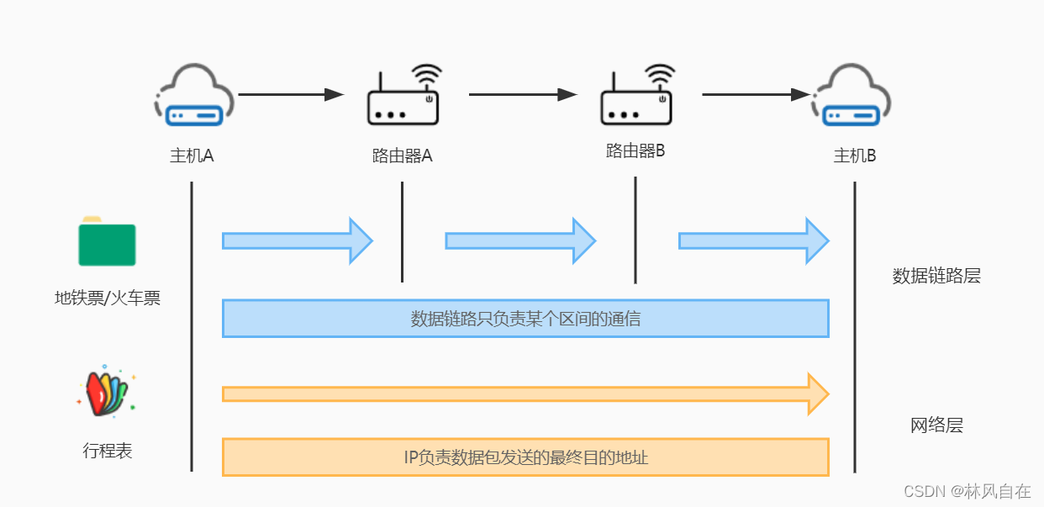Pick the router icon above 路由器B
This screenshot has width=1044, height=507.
click(637, 97)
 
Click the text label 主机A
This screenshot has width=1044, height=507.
click(192, 156)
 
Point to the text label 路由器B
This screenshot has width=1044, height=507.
click(635, 151)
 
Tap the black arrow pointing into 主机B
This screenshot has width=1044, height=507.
click(757, 95)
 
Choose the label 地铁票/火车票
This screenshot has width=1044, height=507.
click(107, 298)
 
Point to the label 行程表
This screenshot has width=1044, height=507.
click(107, 452)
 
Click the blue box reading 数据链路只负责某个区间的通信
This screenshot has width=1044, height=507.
click(525, 319)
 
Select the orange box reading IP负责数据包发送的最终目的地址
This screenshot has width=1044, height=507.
click(525, 457)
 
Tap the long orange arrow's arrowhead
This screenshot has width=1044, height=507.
click(818, 393)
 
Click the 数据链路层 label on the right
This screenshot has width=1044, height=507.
click(936, 276)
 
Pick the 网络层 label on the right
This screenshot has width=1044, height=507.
click(936, 425)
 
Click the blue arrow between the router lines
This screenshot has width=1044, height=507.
click(519, 241)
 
